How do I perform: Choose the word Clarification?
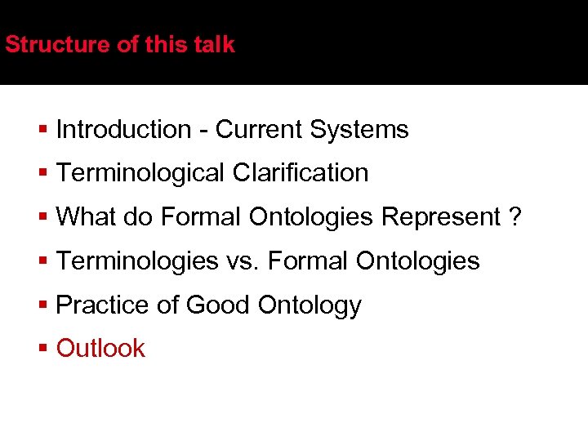pyautogui.click(x=301, y=173)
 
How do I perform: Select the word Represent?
pyautogui.click(x=441, y=217)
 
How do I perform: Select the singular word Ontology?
pyautogui.click(x=310, y=305)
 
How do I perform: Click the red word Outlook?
pyautogui.click(x=100, y=349)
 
